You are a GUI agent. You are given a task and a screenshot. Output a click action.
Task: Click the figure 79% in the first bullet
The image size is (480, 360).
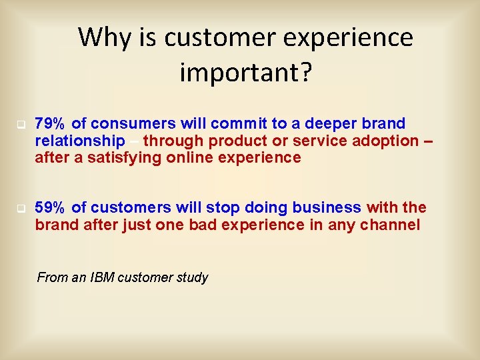[49, 123]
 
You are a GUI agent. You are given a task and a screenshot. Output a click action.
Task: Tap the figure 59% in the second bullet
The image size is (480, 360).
[49, 207]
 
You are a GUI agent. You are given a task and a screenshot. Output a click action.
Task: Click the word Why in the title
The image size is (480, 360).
[105, 38]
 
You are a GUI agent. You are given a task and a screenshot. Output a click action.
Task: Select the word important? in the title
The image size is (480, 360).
[245, 72]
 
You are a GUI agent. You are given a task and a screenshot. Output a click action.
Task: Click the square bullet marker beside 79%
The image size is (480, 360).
[21, 125]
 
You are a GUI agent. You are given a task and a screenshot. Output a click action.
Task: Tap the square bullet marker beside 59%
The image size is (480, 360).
[21, 209]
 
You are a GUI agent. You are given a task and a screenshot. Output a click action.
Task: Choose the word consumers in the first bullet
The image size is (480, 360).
[133, 124]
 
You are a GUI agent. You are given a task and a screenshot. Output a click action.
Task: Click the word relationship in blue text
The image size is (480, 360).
[80, 141]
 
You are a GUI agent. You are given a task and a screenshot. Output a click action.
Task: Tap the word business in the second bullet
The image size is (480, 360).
[327, 207]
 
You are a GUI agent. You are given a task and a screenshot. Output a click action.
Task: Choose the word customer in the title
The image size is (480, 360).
[220, 38]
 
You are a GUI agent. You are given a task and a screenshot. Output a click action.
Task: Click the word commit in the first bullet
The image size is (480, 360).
[239, 123]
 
